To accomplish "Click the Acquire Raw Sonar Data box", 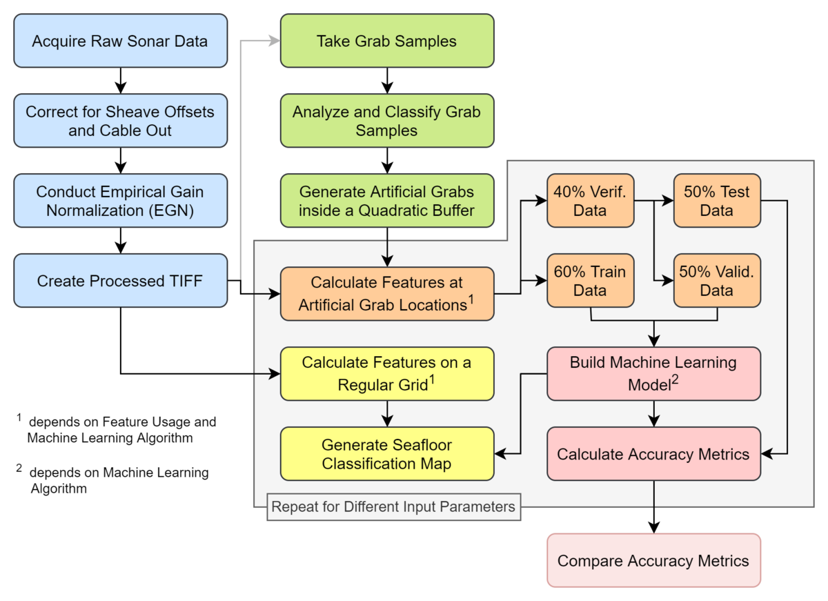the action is [x=121, y=41].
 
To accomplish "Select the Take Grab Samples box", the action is [x=387, y=41].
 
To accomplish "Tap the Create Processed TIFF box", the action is [x=121, y=281].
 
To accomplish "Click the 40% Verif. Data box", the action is [x=591, y=201].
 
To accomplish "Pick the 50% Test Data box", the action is [x=717, y=201].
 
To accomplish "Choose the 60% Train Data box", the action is [x=591, y=281].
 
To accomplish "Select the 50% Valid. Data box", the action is [x=717, y=281].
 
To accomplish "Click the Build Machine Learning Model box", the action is [x=653, y=374].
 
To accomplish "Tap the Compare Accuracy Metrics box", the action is [x=653, y=560].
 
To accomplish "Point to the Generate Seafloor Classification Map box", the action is [x=387, y=454].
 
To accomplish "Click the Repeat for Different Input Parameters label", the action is [x=394, y=506].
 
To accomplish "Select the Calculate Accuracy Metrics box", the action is [x=653, y=454].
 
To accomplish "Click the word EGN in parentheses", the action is [x=172, y=210].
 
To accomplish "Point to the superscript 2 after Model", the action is [x=675, y=380].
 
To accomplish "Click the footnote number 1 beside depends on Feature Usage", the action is [x=19, y=417].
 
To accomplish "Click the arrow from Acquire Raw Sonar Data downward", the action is [x=121, y=81].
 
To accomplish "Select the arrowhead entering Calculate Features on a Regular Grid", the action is [x=275, y=374].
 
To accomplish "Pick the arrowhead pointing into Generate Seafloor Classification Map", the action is [x=500, y=453].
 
